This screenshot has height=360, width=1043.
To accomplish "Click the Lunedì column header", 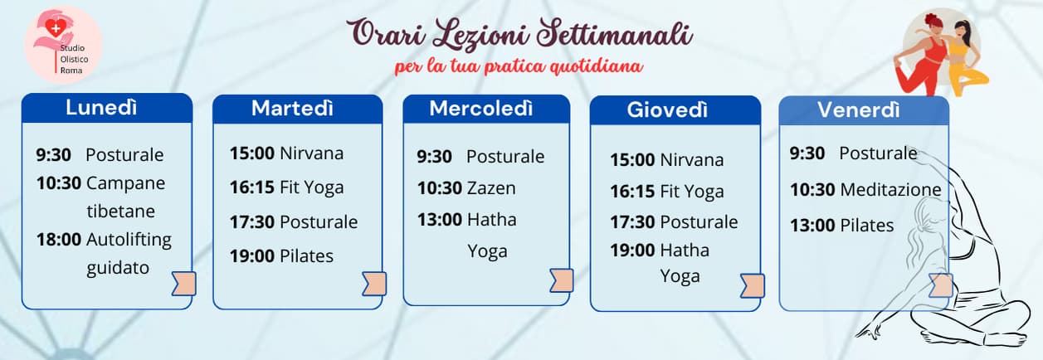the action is tap(101, 108).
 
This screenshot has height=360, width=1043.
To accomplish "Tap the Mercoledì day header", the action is tap(481, 109).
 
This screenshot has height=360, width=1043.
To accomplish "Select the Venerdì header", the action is tap(859, 110).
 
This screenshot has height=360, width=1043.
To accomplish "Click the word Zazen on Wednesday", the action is tap(491, 188).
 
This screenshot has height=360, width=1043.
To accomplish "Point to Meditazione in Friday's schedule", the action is tap(891, 190).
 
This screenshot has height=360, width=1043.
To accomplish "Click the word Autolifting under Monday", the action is tap(129, 240).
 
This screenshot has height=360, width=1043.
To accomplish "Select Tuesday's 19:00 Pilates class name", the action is tap(306, 256).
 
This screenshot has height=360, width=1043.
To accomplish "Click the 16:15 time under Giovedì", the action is tap(632, 192).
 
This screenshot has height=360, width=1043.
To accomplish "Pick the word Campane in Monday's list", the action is tap(126, 183).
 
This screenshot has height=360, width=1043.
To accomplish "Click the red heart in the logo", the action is tap(56, 28).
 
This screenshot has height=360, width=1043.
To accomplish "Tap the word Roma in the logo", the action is tap(71, 71).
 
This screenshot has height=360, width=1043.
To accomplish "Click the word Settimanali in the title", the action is tap(615, 33).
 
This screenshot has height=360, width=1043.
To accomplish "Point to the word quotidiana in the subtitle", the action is tap(597, 66).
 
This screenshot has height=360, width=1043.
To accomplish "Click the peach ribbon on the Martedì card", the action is tap(374, 284).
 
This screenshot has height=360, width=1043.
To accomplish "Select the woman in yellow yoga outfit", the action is tap(965, 58).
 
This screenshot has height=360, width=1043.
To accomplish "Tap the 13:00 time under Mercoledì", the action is tap(440, 220).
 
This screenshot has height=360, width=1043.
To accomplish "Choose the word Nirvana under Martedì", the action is tap(311, 153).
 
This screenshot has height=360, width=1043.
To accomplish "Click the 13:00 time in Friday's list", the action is tap(812, 226).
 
